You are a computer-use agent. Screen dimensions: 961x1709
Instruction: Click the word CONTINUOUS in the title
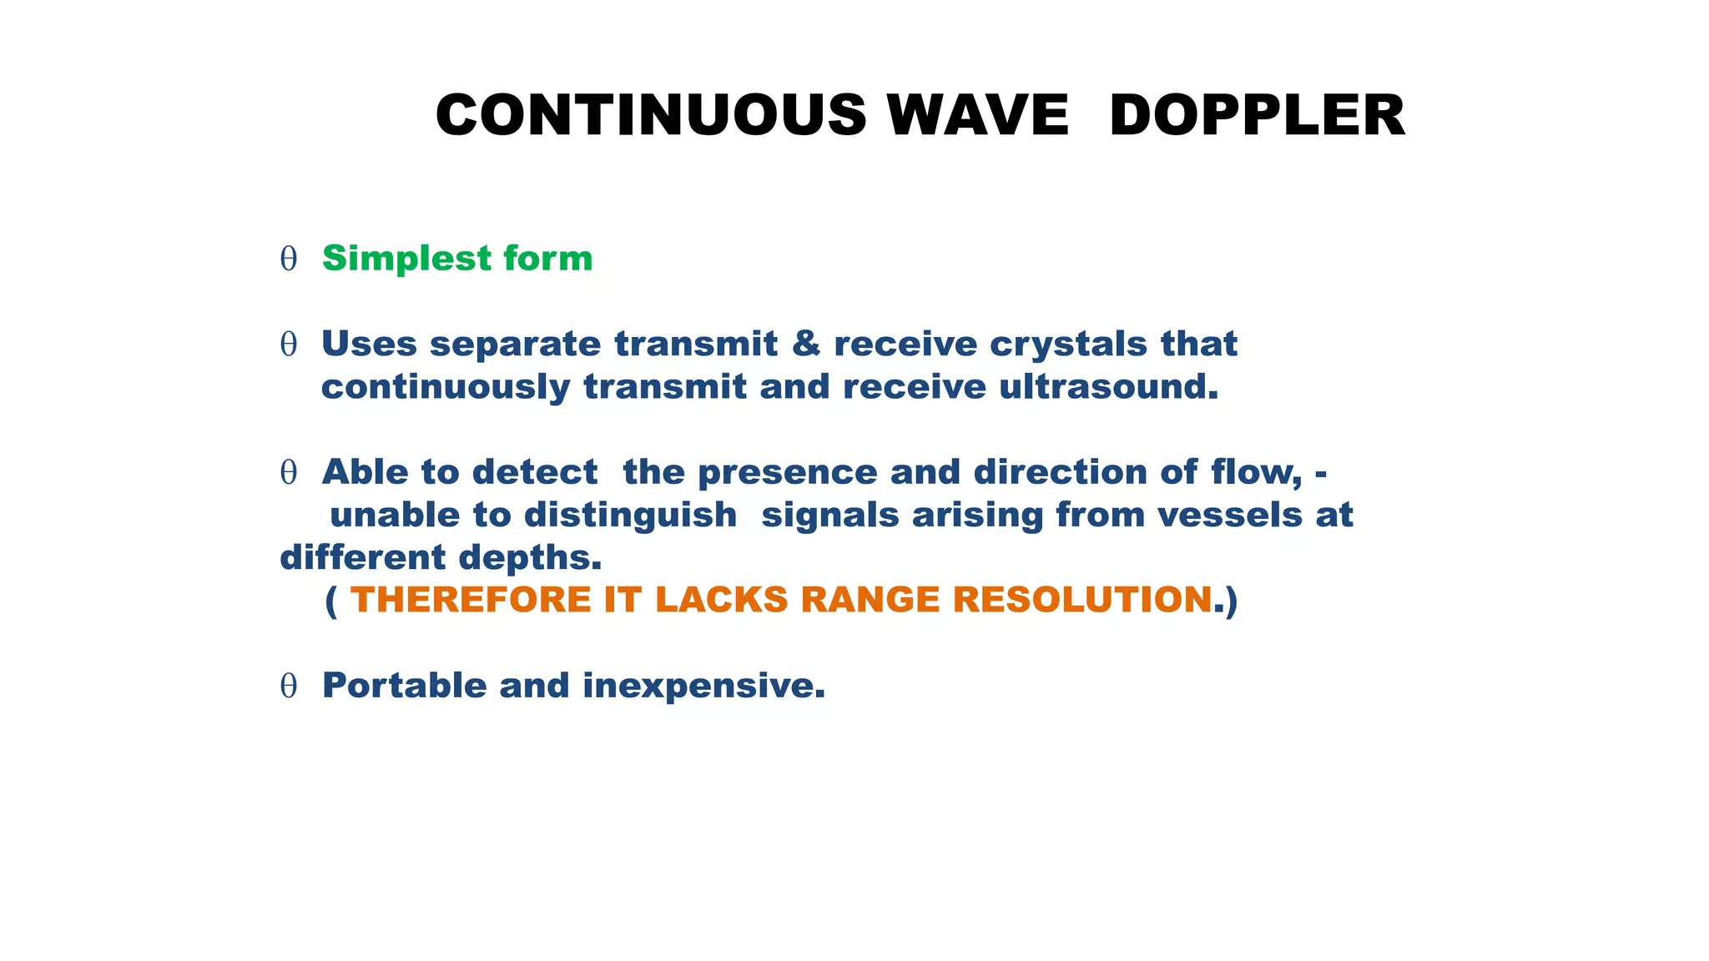(651, 115)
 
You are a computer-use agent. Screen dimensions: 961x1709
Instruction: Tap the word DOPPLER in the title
(1257, 115)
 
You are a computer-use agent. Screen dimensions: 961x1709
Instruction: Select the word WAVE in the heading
(977, 115)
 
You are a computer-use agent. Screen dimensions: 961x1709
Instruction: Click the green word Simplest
(395, 259)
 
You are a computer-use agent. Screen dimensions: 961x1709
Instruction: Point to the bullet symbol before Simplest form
(289, 259)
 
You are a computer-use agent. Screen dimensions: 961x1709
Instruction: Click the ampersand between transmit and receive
(805, 344)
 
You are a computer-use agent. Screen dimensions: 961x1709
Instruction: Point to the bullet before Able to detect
(289, 473)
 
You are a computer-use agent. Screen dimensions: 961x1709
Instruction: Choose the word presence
(787, 472)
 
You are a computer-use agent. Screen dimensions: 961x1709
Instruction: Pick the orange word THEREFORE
(471, 600)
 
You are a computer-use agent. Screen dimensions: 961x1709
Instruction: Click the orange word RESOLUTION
(1082, 600)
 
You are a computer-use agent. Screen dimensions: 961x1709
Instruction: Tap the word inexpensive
(703, 686)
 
